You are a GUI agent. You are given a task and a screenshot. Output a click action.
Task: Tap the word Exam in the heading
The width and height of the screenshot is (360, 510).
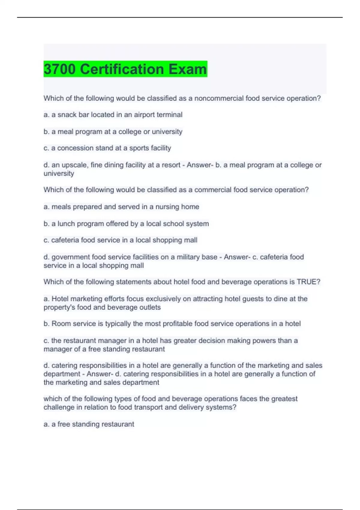click(x=187, y=69)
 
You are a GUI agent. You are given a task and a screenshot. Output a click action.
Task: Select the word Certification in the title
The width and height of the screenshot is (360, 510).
click(x=122, y=69)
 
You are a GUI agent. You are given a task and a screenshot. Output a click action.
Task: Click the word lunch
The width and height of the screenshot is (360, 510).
click(x=65, y=224)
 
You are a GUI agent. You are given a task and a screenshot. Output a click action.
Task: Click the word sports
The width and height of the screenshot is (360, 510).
click(x=138, y=148)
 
